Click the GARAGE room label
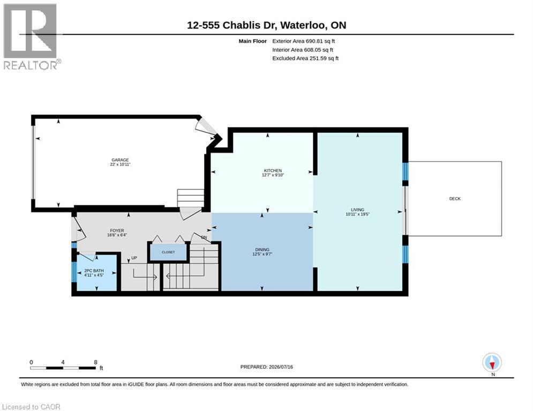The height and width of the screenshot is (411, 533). click(x=121, y=160)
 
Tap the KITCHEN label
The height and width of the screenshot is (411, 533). click(x=273, y=171)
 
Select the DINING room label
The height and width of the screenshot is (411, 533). click(x=262, y=250)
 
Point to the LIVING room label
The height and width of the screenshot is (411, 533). click(x=358, y=210)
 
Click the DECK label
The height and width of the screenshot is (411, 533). click(x=455, y=199)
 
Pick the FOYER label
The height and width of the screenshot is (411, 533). click(x=117, y=231)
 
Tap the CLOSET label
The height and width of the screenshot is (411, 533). click(x=168, y=253)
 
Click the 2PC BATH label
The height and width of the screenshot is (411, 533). click(x=94, y=271)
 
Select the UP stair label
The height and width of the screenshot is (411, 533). click(x=134, y=258)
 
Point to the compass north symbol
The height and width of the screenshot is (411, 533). click(x=492, y=363)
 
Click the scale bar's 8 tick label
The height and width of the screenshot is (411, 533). click(x=95, y=362)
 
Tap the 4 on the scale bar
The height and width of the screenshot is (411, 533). click(x=63, y=362)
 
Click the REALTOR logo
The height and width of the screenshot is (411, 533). click(x=31, y=37)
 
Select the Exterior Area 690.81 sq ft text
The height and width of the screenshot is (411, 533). click(x=304, y=41)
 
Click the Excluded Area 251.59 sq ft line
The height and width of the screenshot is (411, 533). click(x=305, y=58)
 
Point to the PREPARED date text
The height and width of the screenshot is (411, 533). click(x=267, y=367)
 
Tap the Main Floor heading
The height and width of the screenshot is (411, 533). click(x=252, y=41)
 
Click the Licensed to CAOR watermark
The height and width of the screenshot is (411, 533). click(x=31, y=407)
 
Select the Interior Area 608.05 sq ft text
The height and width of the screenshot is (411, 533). click(x=303, y=50)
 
